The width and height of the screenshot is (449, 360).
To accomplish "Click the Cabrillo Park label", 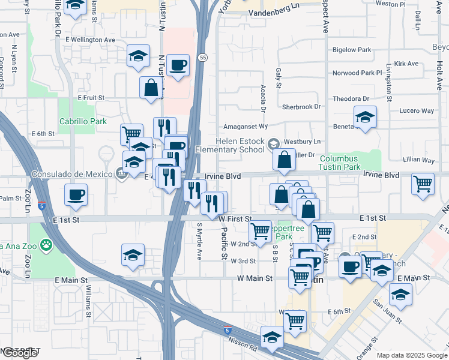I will (x=83, y=121).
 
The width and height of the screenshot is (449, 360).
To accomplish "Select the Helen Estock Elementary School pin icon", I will (x=274, y=143).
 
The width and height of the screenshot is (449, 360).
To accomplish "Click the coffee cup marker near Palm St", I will (x=76, y=195).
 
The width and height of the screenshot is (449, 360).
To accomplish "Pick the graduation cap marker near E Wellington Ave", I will (x=138, y=58).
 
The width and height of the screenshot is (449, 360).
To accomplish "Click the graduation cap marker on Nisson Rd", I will (x=273, y=337).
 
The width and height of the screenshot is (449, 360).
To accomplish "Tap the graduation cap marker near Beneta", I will (x=364, y=118).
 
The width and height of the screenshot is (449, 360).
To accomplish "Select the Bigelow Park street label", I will (x=351, y=50).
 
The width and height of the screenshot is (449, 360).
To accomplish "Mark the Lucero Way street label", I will (x=417, y=111).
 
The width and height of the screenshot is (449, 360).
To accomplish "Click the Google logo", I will (x=20, y=353).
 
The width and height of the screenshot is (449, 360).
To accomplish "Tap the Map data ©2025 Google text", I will (x=411, y=355).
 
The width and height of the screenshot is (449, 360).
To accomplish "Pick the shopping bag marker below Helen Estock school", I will (x=284, y=161).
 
